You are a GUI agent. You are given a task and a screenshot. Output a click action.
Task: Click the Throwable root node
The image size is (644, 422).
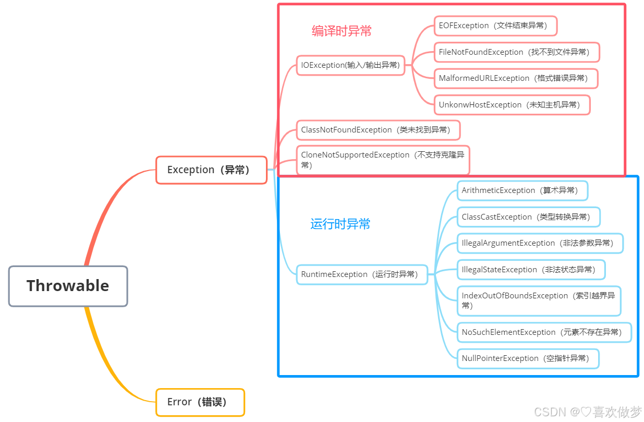point(68,286)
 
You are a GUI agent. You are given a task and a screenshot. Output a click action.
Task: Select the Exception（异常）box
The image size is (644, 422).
point(211,170)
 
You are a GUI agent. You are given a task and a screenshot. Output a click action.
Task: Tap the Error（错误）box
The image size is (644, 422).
point(200,402)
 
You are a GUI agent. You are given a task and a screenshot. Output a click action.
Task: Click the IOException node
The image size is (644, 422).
point(350,65)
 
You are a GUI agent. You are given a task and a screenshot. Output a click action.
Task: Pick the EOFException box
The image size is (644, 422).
point(495,26)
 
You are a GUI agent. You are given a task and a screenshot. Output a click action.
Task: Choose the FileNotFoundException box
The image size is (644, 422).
point(516,52)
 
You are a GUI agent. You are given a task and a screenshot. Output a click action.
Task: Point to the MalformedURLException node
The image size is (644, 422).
point(515,78)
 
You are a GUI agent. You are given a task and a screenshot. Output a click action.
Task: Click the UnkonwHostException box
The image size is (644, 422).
point(512,105)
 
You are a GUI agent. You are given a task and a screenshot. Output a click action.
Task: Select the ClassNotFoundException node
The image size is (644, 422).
point(378,130)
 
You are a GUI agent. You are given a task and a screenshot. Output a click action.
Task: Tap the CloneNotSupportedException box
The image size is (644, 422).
point(383,160)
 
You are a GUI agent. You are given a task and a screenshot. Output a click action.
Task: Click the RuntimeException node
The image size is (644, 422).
point(362,274)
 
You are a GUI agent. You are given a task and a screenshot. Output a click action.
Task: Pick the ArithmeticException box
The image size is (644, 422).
point(522,190)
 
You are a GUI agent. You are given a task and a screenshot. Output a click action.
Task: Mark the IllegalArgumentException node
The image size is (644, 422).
point(540,243)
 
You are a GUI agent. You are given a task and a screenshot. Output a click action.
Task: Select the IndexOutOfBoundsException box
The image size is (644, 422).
point(539,300)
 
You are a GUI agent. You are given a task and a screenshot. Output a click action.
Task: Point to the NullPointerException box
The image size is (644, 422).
point(528,358)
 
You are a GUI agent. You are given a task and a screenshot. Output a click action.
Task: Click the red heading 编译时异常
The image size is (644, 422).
point(342,31)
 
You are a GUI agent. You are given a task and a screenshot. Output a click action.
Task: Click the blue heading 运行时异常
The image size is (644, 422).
point(340,224)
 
